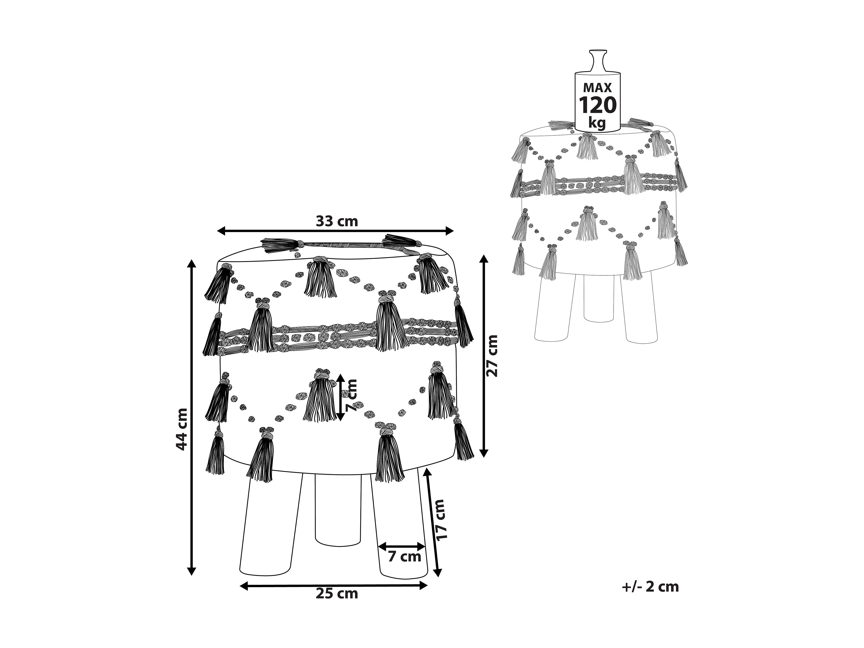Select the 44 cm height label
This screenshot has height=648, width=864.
(x=181, y=429)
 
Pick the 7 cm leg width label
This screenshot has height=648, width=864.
(x=404, y=556)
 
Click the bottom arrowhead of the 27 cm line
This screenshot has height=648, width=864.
(x=484, y=453)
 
